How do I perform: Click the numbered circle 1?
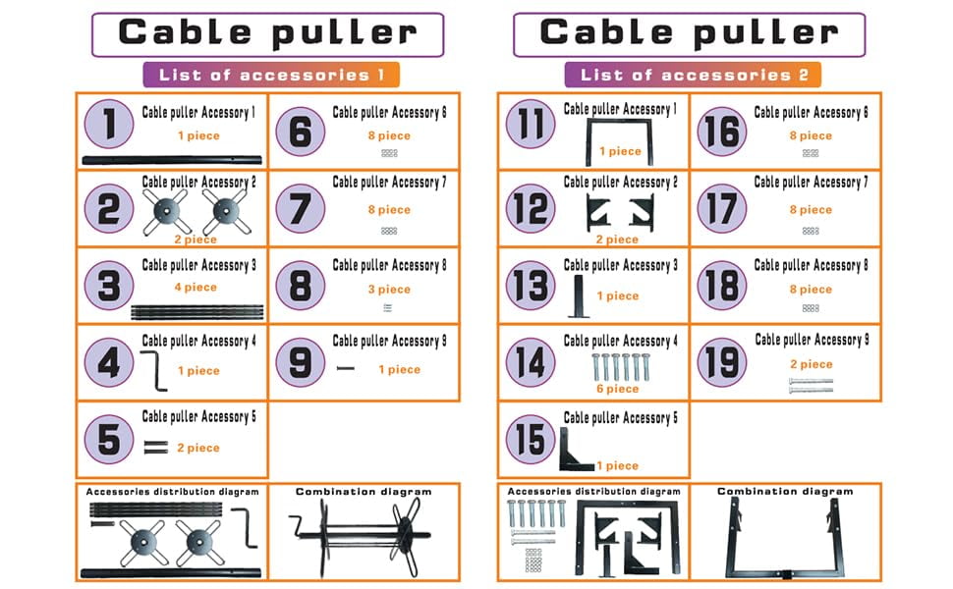click(x=109, y=124)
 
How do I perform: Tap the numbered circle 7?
click(x=301, y=209)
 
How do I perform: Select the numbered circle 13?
click(x=531, y=286)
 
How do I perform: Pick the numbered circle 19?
click(x=722, y=362)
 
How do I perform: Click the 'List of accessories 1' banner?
click(x=271, y=75)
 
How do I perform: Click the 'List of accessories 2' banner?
click(x=693, y=75)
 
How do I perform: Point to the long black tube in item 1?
click(x=172, y=160)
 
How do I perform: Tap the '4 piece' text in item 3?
click(x=196, y=288)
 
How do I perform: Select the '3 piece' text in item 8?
click(x=389, y=290)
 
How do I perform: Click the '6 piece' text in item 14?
click(x=618, y=389)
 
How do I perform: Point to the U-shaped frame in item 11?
click(x=619, y=122)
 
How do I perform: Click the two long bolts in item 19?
click(x=811, y=386)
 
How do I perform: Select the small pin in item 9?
click(x=345, y=368)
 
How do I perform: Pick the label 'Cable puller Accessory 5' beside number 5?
click(x=198, y=416)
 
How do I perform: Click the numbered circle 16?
click(x=722, y=132)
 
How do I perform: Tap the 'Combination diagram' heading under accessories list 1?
click(x=364, y=492)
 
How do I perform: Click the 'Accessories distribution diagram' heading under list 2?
click(x=593, y=491)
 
